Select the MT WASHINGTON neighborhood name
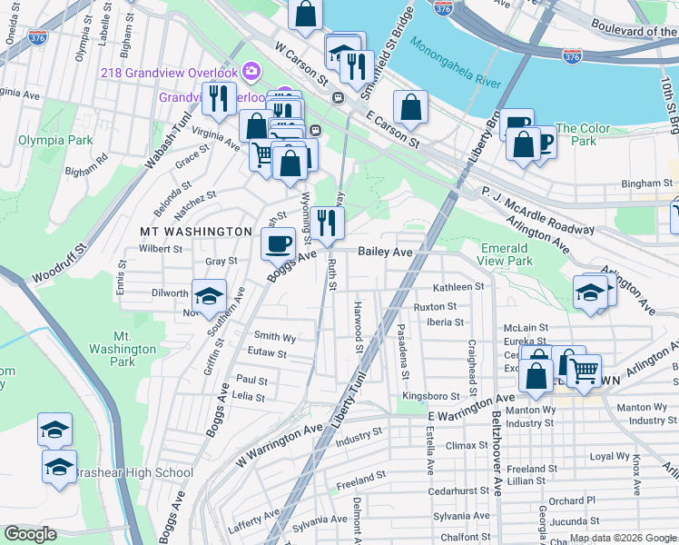point(195,232)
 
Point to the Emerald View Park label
point(506,254)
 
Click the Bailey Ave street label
point(386,251)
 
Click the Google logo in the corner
point(30,534)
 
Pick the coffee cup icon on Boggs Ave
point(278,243)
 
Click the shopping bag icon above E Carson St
point(411,106)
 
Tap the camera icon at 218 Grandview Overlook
point(251,72)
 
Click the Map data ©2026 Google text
point(623,537)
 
